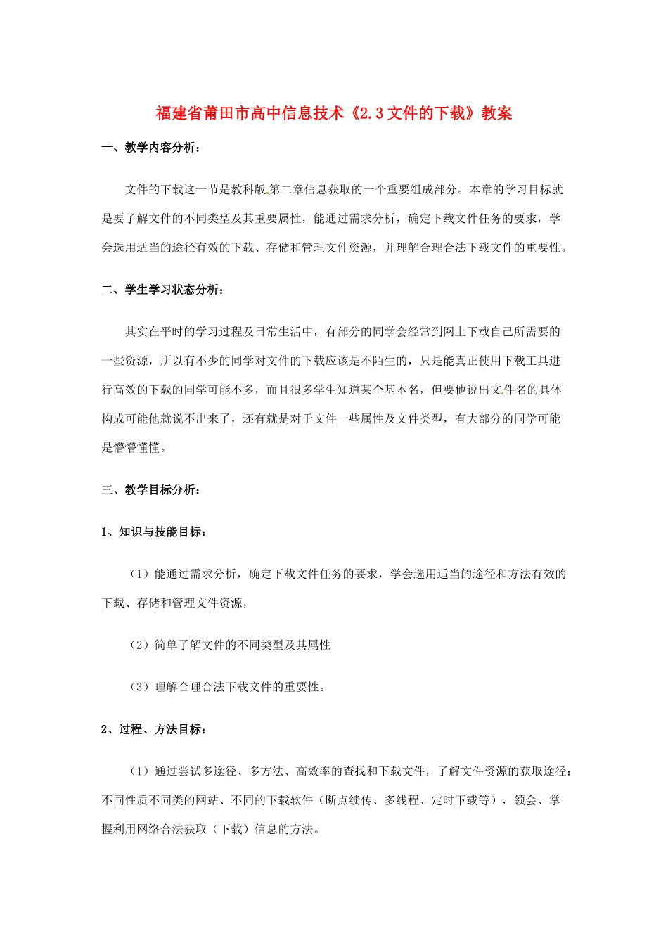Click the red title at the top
(x=334, y=113)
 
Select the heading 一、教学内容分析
(x=150, y=148)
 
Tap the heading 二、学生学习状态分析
(x=162, y=290)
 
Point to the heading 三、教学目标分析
(x=150, y=490)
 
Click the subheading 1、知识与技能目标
(x=153, y=532)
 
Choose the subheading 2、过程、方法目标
(x=153, y=729)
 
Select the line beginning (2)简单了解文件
(x=229, y=645)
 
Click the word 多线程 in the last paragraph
(x=402, y=800)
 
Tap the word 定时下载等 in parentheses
(x=461, y=800)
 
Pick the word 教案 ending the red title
(x=496, y=113)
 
